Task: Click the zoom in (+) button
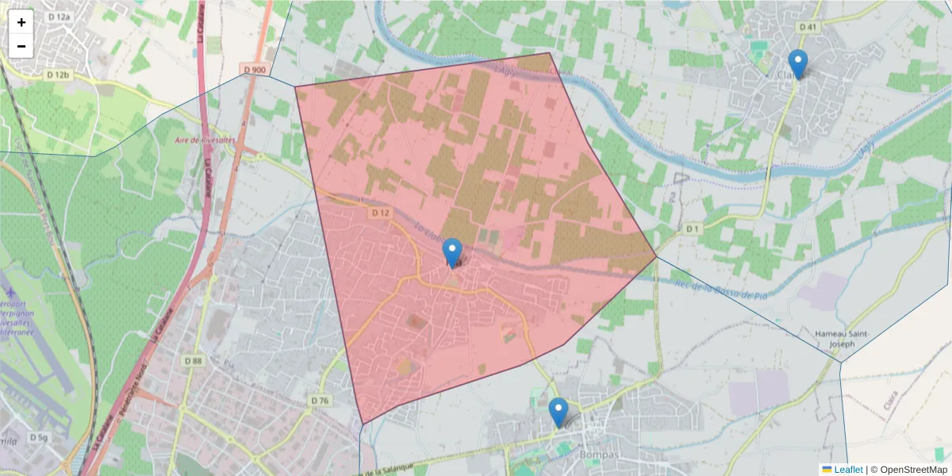click(x=21, y=22)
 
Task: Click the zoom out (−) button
click(x=21, y=46)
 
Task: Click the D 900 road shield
click(x=255, y=70)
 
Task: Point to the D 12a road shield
click(x=59, y=17)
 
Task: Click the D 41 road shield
click(x=808, y=27)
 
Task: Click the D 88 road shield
click(x=193, y=361)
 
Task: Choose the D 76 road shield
click(x=319, y=401)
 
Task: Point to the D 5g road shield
click(x=39, y=437)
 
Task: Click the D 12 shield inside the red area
click(x=380, y=213)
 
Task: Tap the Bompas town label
click(x=599, y=455)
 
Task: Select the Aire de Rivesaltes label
click(x=206, y=140)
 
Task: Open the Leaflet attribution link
click(x=847, y=470)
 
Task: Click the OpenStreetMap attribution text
click(x=914, y=470)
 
